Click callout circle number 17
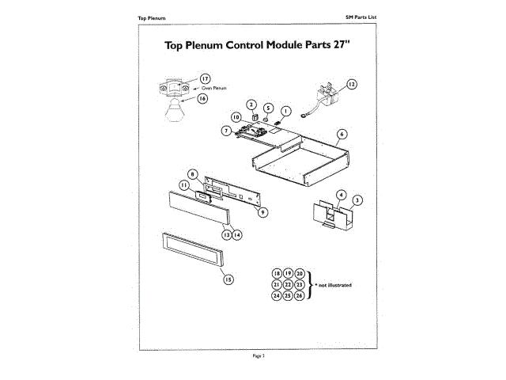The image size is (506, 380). point(205,78)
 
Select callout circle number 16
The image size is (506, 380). point(202,99)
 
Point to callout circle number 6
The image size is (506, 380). point(342,134)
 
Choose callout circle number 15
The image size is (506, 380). point(228,279)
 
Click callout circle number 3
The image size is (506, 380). point(357,200)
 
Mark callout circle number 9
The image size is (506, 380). point(263,211)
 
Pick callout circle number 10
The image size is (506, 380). point(236,116)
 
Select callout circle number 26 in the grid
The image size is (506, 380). point(300,295)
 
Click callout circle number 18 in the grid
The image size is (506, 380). point(277,272)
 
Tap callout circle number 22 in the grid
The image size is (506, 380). point(288,284)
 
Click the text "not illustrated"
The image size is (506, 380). point(334,283)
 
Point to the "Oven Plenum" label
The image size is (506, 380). point(214,89)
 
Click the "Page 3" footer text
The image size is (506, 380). point(257,356)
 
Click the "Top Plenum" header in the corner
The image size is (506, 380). point(151,17)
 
